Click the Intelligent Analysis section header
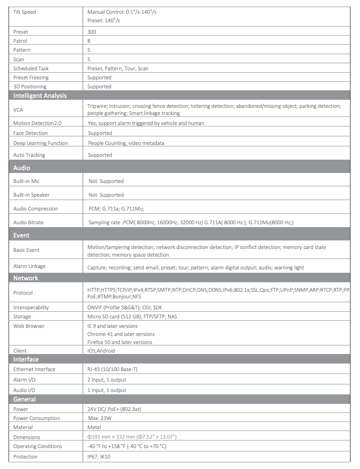(x=40, y=96)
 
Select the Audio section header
(x=22, y=168)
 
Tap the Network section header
(x=26, y=278)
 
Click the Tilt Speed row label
(x=25, y=12)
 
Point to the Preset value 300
(x=92, y=32)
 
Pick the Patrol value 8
(x=89, y=41)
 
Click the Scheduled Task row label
(x=31, y=68)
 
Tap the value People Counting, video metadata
(x=126, y=143)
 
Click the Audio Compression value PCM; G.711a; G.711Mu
(x=116, y=209)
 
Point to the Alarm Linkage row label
(x=29, y=266)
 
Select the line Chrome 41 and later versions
(x=121, y=334)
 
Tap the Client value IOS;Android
(x=101, y=351)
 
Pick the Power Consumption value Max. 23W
(x=100, y=418)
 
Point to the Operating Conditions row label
(x=38, y=446)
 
